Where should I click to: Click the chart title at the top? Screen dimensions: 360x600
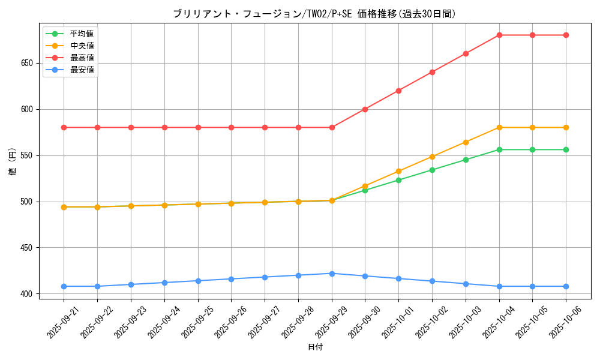pyautogui.click(x=314, y=14)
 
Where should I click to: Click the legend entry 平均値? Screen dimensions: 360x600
pyautogui.click(x=82, y=34)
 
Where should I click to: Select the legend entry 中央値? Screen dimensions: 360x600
pyautogui.click(x=82, y=46)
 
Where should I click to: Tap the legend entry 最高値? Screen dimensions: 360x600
pyautogui.click(x=82, y=58)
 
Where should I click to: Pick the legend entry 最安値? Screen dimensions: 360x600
pyautogui.click(x=82, y=70)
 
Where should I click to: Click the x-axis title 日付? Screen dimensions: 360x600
pyautogui.click(x=314, y=347)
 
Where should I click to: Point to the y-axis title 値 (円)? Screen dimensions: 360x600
pyautogui.click(x=12, y=162)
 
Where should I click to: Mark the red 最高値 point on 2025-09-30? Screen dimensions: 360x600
pyautogui.click(x=365, y=109)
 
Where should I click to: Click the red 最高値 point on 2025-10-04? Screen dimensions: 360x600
pyautogui.click(x=499, y=35)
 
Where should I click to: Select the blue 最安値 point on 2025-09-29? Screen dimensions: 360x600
pyautogui.click(x=332, y=274)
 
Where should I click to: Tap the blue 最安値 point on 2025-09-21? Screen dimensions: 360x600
pyautogui.click(x=64, y=286)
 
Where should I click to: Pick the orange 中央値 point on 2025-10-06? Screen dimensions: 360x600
pyautogui.click(x=566, y=127)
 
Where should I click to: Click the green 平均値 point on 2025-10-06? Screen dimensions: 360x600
pyautogui.click(x=566, y=149)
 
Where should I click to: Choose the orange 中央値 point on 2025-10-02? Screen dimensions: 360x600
pyautogui.click(x=432, y=157)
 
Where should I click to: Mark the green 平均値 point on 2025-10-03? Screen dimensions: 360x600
pyautogui.click(x=466, y=160)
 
